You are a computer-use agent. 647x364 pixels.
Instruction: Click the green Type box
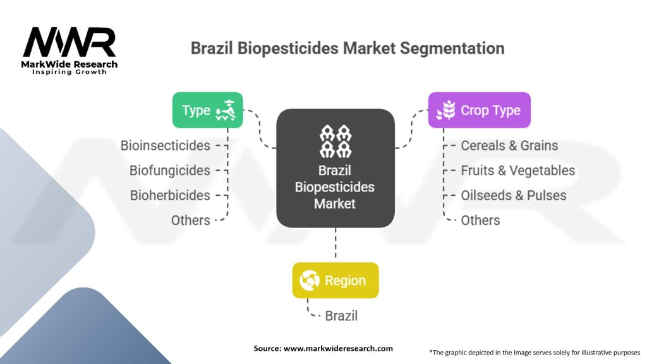click(x=207, y=110)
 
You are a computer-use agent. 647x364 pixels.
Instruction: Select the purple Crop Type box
click(x=479, y=110)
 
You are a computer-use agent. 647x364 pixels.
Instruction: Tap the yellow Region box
click(x=336, y=280)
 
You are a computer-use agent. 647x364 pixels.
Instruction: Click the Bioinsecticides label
click(x=165, y=146)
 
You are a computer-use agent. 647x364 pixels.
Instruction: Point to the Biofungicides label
click(x=169, y=171)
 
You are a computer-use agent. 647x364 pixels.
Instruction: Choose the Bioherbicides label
click(x=170, y=195)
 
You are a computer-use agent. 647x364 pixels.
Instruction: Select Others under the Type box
click(x=191, y=221)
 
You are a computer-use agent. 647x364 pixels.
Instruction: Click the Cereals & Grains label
click(x=509, y=146)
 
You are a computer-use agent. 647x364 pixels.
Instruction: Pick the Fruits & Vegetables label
click(x=518, y=171)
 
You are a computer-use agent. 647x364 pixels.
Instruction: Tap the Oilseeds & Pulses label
click(x=513, y=195)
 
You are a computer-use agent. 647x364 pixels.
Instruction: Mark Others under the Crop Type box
click(x=480, y=221)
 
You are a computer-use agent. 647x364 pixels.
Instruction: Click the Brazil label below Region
click(x=341, y=316)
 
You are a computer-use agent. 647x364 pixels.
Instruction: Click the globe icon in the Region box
click(x=310, y=280)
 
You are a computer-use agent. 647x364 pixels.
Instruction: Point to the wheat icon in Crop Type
click(x=446, y=110)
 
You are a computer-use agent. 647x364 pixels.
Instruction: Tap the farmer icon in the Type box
click(x=226, y=110)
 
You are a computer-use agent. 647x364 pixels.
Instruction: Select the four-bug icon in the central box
click(x=336, y=141)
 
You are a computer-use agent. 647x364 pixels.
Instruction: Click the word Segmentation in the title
click(x=452, y=48)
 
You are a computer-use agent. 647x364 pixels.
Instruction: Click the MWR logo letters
click(x=70, y=42)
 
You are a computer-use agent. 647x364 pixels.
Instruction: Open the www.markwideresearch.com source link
click(x=338, y=348)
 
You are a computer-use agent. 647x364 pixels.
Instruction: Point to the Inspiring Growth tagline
click(x=70, y=72)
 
